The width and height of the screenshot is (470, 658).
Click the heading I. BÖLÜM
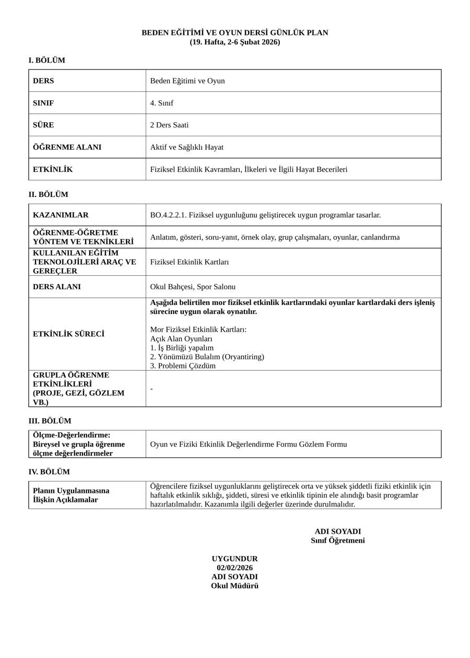click(x=46, y=61)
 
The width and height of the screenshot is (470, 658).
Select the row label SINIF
click(x=43, y=103)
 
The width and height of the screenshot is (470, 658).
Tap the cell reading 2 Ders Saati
click(x=169, y=125)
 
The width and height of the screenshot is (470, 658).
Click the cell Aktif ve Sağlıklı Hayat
click(x=186, y=147)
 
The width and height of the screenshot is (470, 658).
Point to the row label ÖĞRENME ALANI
click(x=67, y=147)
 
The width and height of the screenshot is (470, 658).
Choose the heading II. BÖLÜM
click(x=48, y=195)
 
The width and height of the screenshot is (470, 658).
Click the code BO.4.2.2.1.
click(x=168, y=215)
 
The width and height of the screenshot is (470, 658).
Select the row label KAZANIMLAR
click(x=61, y=215)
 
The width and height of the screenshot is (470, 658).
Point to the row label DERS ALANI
click(x=57, y=287)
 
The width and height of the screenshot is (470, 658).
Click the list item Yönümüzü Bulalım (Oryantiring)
click(x=207, y=357)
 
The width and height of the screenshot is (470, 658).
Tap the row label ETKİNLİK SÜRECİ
click(x=68, y=334)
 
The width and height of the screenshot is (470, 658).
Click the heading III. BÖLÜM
click(x=50, y=421)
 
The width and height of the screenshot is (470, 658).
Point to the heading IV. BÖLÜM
click(x=49, y=472)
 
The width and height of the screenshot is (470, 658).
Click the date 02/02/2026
click(x=234, y=568)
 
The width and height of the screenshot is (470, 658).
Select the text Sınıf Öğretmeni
click(x=338, y=540)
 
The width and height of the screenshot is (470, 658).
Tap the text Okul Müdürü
click(x=234, y=586)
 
